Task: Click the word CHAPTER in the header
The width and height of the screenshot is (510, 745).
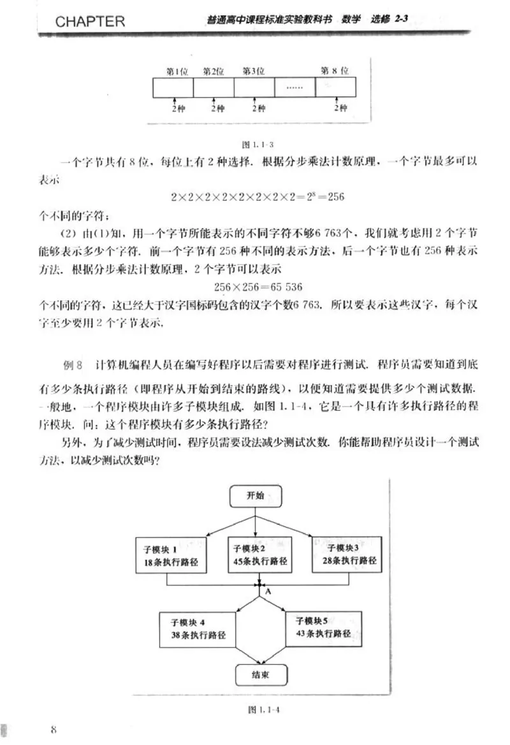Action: click(x=90, y=21)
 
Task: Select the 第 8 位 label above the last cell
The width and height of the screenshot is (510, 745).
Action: click(x=334, y=71)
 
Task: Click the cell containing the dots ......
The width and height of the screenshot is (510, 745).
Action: click(x=295, y=87)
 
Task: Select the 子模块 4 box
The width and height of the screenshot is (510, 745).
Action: click(x=198, y=628)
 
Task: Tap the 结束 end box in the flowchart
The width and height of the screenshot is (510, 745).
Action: click(x=259, y=675)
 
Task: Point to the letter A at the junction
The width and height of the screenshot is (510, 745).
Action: click(x=268, y=592)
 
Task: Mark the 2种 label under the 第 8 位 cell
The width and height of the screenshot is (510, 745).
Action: click(x=339, y=108)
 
